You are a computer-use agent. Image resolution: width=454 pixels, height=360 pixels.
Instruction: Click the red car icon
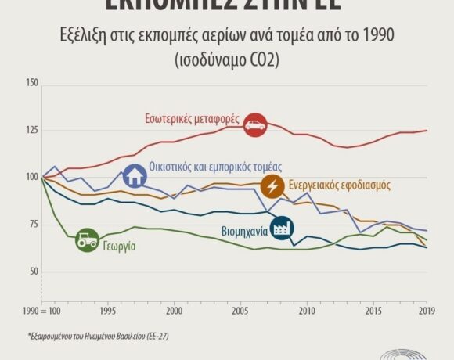pos(255,124)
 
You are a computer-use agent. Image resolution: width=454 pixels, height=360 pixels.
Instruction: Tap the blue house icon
pos(135,175)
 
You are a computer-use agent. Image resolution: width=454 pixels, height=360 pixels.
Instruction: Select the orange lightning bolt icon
pos(272,186)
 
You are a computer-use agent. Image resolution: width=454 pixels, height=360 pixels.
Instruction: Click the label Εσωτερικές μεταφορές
pos(193,120)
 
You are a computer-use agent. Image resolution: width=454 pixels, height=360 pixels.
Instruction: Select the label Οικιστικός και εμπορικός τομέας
pos(215,167)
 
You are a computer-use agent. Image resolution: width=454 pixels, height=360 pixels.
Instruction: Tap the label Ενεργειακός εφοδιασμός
pos(339,185)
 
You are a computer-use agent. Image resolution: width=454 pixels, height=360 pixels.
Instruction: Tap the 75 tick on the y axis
pos(33,225)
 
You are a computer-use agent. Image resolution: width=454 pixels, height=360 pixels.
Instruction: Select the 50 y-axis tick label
pos(33,272)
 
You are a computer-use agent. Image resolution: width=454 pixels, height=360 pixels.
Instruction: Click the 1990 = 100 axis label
pos(43,311)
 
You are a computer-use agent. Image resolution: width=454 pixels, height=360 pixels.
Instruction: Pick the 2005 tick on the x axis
pos(240,311)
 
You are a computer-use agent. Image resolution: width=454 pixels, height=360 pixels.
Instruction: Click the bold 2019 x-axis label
pos(427,311)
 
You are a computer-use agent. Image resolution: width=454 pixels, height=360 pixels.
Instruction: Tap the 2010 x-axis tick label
pos(306,311)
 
